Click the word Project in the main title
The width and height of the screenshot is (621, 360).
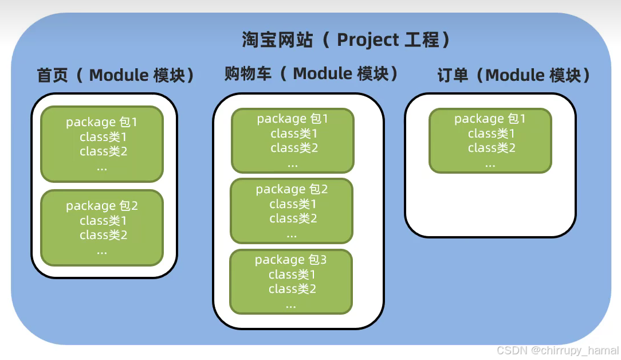point(368,40)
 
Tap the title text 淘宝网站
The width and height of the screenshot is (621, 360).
point(277,40)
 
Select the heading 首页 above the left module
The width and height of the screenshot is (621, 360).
point(53,76)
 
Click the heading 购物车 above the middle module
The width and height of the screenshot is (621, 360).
point(248,73)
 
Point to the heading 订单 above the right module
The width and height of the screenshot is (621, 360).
point(453,76)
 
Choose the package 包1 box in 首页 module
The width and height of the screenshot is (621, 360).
point(102,144)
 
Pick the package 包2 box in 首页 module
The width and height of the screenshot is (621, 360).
point(102,228)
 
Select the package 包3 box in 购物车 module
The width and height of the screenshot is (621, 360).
point(291,281)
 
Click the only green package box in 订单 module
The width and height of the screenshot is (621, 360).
point(490,140)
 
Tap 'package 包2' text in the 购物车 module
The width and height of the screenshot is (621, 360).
point(292,189)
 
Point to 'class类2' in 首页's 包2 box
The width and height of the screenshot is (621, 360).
point(104,235)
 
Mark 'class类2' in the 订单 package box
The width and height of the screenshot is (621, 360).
point(492,148)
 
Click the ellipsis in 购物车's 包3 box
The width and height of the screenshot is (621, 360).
point(291,304)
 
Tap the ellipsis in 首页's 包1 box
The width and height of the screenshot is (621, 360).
point(102,167)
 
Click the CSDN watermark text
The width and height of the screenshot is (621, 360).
point(557,350)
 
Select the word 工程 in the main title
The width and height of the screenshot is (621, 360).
point(422,40)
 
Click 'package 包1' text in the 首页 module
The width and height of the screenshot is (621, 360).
point(102,122)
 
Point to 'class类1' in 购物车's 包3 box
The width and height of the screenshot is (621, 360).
point(292,275)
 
